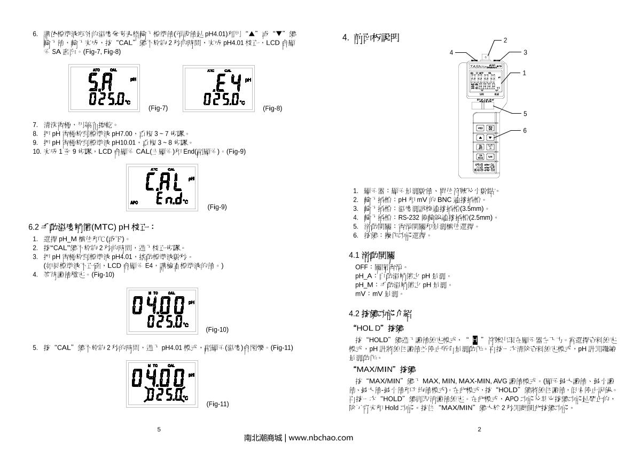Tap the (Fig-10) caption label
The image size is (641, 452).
tap(217, 329)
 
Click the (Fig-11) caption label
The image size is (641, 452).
tap(217, 404)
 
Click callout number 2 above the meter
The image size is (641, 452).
tap(505, 40)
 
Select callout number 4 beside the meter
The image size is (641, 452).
tap(451, 52)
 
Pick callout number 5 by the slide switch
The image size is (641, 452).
tap(525, 114)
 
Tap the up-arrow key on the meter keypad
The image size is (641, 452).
tap(480, 137)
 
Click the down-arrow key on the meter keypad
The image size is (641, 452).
tap(490, 137)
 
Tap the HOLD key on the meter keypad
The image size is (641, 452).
tap(480, 128)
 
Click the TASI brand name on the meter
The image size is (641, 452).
tap(474, 67)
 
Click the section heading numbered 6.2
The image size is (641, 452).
tap(91, 227)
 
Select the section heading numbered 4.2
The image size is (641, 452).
tap(379, 313)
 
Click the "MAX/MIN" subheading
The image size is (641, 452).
tap(384, 369)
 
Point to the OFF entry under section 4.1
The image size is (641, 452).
tap(361, 266)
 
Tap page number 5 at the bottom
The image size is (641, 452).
tap(159, 429)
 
